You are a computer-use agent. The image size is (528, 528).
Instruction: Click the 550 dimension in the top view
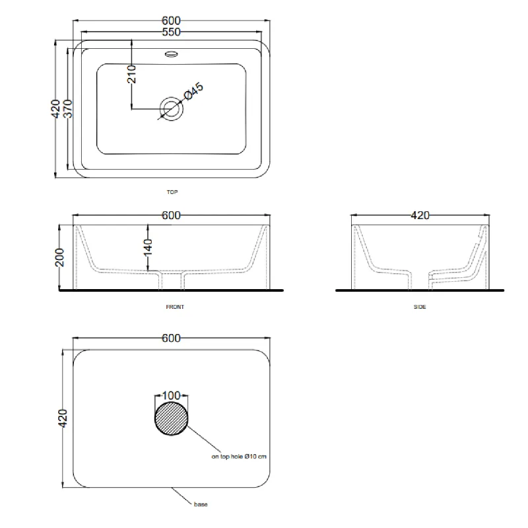172,32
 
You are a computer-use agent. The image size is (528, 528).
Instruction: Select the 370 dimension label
68,108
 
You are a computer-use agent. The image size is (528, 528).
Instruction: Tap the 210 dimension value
131,74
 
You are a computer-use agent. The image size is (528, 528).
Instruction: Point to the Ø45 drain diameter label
193,91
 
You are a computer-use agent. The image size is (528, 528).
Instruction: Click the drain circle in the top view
172,109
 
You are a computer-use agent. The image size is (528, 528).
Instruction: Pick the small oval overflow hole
172,53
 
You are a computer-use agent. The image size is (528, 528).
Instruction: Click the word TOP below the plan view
172,192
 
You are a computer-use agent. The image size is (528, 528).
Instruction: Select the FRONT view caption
175,307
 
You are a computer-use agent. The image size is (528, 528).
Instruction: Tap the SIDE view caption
420,307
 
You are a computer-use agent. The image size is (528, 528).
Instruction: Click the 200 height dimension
59,257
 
